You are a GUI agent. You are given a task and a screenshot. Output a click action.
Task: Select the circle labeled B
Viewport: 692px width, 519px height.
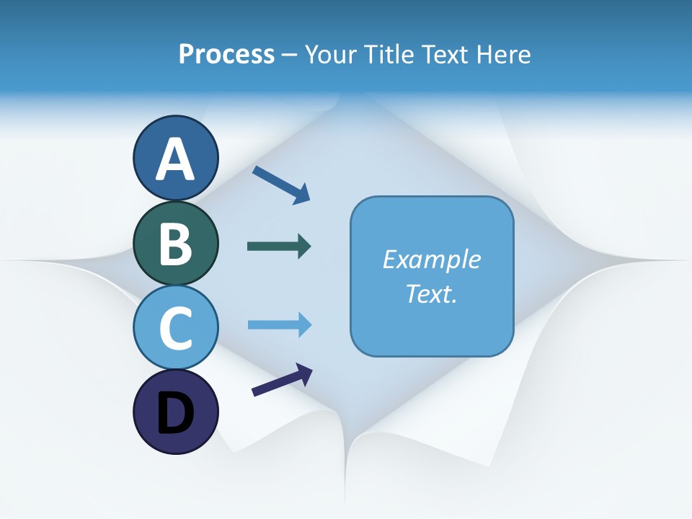[175, 243]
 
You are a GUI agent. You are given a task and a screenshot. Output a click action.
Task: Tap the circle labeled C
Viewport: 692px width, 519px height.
[175, 327]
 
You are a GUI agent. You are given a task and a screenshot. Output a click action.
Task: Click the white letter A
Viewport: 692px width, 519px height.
[175, 159]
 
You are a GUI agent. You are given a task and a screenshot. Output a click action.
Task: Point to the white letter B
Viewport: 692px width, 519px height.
[175, 244]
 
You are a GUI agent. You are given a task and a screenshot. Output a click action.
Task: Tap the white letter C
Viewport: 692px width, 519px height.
[175, 328]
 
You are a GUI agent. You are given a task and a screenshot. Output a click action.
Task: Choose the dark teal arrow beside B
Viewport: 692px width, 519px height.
[278, 247]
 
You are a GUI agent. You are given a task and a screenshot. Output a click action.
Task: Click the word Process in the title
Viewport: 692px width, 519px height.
[226, 54]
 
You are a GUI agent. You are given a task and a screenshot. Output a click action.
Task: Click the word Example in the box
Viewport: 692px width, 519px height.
[431, 259]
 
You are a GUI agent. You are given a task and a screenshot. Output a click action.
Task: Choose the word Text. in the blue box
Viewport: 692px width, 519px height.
[431, 293]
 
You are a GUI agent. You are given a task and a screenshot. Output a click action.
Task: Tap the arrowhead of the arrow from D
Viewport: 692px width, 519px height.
[304, 373]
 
